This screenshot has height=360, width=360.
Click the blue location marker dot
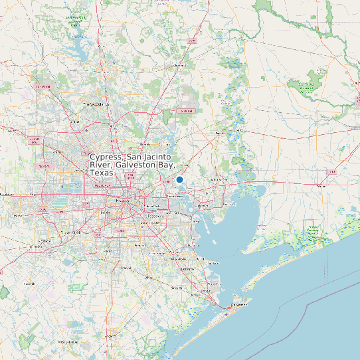point(179,179)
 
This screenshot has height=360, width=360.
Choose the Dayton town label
point(220,133)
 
